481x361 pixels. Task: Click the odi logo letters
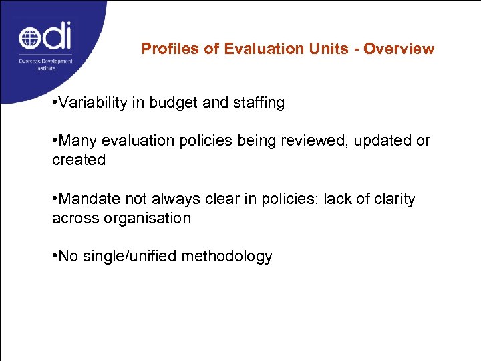(x=45, y=37)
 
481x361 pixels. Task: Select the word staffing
(x=257, y=103)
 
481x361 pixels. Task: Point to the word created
(x=79, y=160)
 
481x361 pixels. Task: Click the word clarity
(x=392, y=199)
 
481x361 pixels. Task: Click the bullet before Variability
(x=55, y=103)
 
